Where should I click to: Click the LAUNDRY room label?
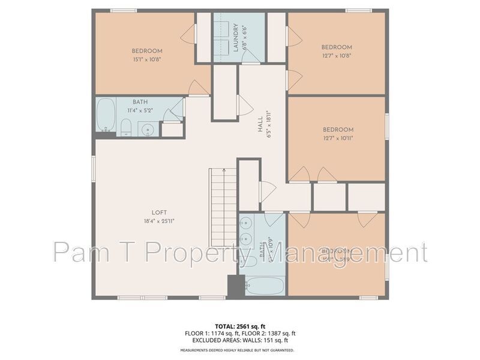[x=236, y=37]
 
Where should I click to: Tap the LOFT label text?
[x=158, y=212]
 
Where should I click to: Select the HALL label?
[x=260, y=125]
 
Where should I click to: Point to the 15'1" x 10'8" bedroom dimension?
[x=147, y=59]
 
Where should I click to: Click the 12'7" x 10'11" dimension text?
[x=338, y=137]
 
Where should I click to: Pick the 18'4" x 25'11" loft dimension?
[x=158, y=220]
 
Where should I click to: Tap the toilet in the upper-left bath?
[x=126, y=127]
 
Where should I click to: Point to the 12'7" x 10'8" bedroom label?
[x=336, y=47]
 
